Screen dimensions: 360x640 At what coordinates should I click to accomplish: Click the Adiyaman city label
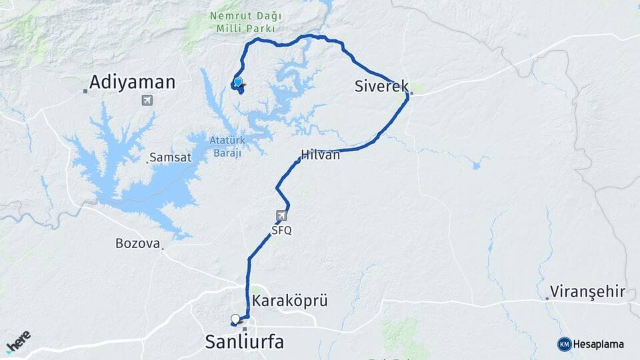coord(132,83)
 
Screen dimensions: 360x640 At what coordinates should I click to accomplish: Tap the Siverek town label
coord(381,86)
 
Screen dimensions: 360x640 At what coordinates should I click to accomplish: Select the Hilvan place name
coord(321,155)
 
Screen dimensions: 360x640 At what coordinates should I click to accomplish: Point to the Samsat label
coord(171,158)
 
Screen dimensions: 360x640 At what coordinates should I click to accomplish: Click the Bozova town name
coord(137,243)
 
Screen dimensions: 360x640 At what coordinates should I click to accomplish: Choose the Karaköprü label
coord(290,301)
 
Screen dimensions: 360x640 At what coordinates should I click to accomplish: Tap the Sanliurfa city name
coord(244,343)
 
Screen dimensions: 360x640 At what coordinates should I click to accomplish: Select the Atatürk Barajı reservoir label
coord(229,145)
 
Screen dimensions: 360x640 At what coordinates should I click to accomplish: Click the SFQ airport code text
coord(281,231)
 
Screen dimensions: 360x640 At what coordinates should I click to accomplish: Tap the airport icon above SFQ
coord(281,216)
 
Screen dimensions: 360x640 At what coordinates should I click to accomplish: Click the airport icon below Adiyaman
coord(147,101)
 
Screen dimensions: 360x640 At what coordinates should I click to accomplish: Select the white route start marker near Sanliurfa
coord(235,318)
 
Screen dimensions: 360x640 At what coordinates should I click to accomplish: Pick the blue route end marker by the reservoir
coord(237,82)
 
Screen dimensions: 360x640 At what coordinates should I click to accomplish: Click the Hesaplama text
coord(599,344)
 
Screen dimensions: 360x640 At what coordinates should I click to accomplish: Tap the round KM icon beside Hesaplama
coord(564,344)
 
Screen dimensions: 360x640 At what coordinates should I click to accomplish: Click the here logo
coord(18,341)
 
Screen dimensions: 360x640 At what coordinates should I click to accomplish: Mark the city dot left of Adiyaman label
coord(85,91)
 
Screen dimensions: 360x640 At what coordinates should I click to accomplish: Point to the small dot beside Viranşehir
coord(547,298)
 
